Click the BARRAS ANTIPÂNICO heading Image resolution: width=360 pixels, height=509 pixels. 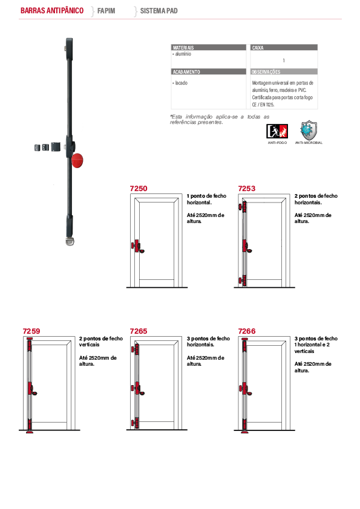tap(52, 11)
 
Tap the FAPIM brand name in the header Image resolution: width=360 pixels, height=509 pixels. tap(106, 11)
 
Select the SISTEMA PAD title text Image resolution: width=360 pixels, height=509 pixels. tap(159, 11)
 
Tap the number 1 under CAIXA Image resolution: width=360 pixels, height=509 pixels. tap(284, 60)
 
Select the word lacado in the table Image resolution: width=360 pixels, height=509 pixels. tap(182, 83)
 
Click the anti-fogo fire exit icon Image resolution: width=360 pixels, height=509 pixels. tap(277, 131)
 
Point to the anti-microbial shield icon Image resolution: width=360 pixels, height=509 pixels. tap(309, 130)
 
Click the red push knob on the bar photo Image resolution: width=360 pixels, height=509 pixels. tap(77, 160)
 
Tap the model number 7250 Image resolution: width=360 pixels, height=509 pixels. tap(139, 188)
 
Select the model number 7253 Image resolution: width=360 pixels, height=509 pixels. tap(247, 188)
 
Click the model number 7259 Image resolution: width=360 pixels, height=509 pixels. tap(31, 331)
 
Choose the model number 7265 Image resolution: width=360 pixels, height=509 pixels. tap(139, 331)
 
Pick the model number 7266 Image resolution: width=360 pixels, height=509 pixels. tap(247, 331)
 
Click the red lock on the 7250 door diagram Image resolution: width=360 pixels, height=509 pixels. tap(137, 247)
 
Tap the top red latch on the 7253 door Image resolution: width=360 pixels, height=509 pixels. tap(243, 207)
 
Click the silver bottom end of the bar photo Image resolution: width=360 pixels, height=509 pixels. tap(70, 241)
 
